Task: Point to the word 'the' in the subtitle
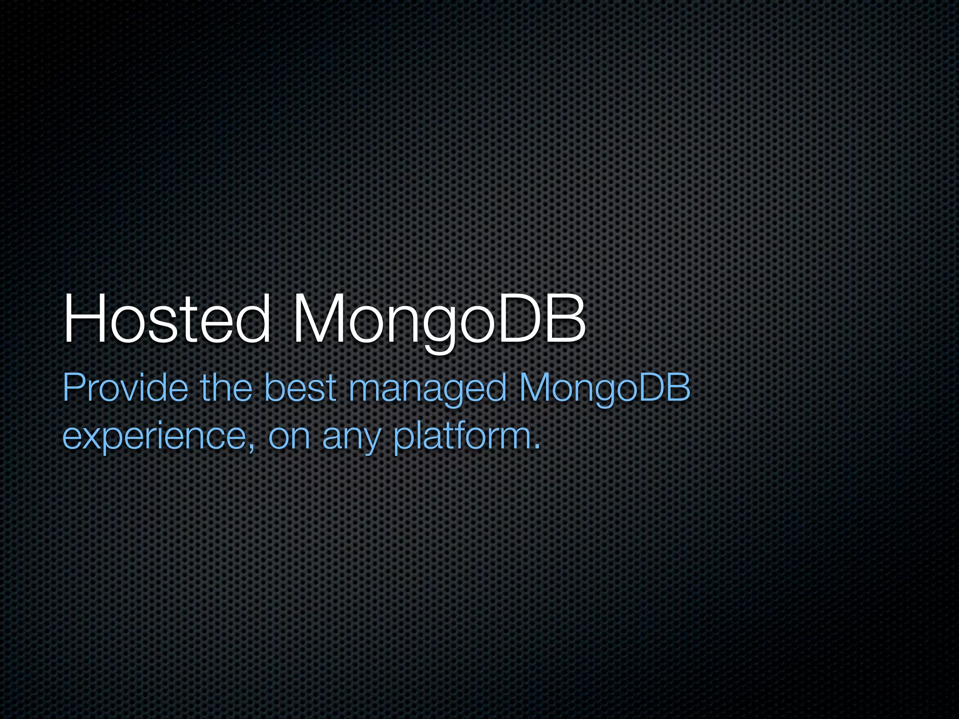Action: pos(226,388)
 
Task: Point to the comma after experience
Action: pos(252,447)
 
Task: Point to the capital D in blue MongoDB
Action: pos(651,388)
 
